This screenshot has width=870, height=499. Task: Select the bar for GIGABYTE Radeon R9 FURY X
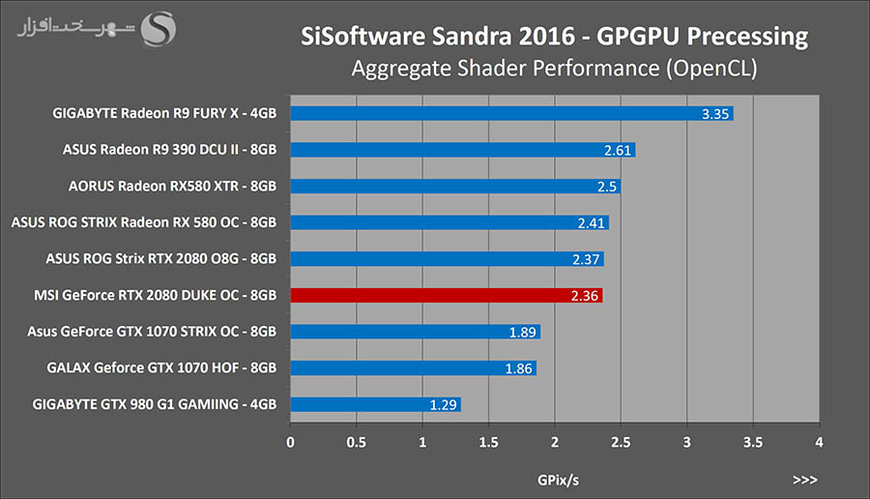[x=511, y=113]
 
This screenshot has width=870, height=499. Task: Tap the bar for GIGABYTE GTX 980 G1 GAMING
[x=376, y=404]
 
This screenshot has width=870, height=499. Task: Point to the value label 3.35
[x=715, y=114]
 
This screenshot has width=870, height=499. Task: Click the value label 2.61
[x=618, y=150]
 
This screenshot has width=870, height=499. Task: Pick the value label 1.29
[x=444, y=404]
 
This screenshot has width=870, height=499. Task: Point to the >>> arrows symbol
[x=804, y=479]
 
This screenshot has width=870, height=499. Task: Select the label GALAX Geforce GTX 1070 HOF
[x=161, y=367]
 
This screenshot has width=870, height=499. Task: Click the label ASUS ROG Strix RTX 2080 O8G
[x=161, y=258]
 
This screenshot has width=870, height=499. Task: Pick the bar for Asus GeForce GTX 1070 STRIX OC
[x=415, y=332]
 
